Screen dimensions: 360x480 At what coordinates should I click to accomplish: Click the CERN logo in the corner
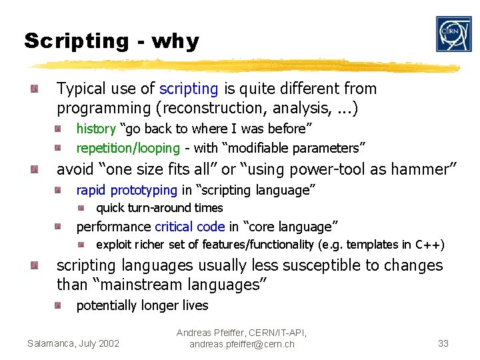click(x=453, y=34)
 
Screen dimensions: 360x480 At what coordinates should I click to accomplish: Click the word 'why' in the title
click(x=175, y=41)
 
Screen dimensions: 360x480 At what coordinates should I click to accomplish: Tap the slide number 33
click(x=443, y=343)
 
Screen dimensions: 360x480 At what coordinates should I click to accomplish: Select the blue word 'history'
click(x=96, y=128)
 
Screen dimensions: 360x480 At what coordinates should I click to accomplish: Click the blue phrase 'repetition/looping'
click(x=128, y=148)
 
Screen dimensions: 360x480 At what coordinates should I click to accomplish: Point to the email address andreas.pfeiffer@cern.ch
click(x=241, y=344)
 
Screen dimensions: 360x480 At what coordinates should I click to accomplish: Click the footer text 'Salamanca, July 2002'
click(x=73, y=343)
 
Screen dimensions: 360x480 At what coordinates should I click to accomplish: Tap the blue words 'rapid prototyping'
click(x=127, y=190)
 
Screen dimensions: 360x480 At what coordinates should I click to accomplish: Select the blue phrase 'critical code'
click(x=190, y=227)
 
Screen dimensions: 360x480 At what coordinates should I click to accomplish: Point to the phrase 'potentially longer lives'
click(x=142, y=305)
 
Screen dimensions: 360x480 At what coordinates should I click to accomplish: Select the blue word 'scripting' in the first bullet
click(x=189, y=89)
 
